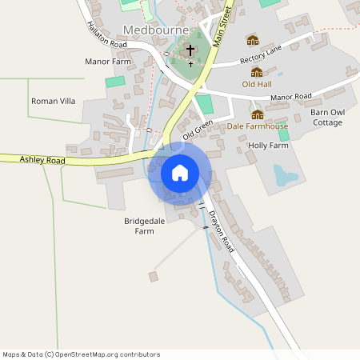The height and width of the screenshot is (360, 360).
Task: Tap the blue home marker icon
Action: coord(180,173)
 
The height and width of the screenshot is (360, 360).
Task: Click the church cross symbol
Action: coord(190,50)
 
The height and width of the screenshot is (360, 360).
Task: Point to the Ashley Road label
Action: coord(42,161)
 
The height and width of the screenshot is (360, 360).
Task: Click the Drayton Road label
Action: coord(221,232)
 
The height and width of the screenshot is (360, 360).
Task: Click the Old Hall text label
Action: coord(257,83)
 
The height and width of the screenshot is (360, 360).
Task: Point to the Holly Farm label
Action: coord(268,146)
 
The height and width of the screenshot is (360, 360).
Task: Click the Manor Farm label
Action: coord(107,61)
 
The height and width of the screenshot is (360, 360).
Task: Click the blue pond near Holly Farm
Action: coord(285,174)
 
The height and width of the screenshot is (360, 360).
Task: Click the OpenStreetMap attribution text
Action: coord(81,354)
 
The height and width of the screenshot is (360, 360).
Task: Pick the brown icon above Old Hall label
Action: coord(257,71)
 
